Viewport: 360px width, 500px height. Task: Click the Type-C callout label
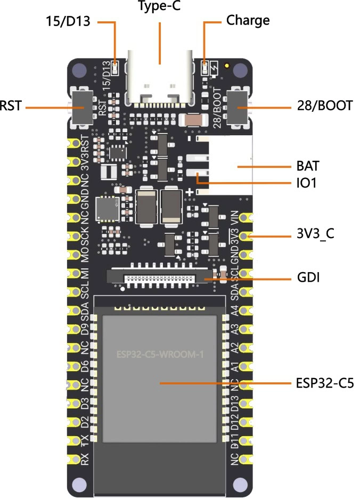(160, 7)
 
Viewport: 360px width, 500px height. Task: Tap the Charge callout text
(248, 21)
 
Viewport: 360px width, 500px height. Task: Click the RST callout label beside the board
(11, 105)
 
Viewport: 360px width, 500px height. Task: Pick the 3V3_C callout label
(316, 235)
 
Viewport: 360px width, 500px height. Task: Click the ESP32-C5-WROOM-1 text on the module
(159, 354)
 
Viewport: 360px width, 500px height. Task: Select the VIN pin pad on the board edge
(246, 218)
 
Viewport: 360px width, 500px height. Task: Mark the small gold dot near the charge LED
(228, 67)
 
